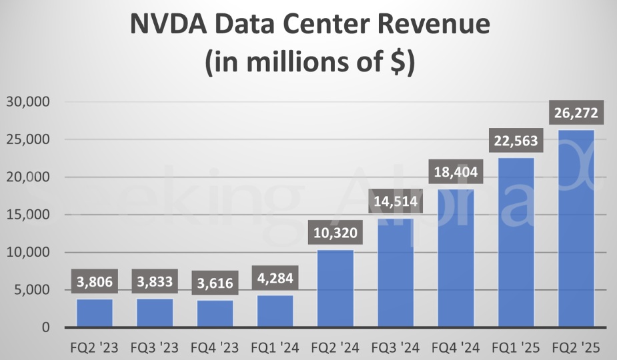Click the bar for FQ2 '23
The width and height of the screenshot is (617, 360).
pos(94,313)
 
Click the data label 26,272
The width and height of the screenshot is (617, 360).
pos(576,113)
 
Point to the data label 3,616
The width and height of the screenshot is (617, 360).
pos(215,283)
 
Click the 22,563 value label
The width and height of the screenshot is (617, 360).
pos(516,141)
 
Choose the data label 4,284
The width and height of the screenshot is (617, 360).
pos(275,279)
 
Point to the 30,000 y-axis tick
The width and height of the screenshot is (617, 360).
pos(29,102)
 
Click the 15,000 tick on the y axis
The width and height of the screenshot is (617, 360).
pos(29,215)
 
